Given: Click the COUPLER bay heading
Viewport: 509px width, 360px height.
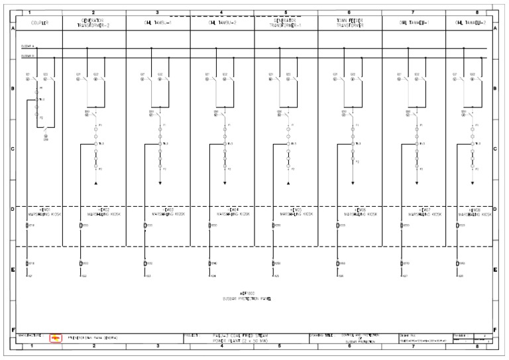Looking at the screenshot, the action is [38, 23].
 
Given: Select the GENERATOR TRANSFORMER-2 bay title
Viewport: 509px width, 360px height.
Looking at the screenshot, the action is [93, 23].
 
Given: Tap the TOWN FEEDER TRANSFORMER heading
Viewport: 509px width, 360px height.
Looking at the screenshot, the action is [349, 23].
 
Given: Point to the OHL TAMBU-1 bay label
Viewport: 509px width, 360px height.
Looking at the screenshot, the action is [158, 23].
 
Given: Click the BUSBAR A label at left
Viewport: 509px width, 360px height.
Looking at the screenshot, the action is [28, 46].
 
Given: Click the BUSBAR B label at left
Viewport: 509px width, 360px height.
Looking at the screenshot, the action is [28, 56].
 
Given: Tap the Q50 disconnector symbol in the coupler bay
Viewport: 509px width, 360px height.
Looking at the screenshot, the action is [46, 135].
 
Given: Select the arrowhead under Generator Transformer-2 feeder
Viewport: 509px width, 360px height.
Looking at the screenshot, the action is [95, 182].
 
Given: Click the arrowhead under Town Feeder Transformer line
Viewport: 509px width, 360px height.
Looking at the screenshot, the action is [353, 182].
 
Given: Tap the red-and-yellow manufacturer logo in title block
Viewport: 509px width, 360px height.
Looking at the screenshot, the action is [56, 338].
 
